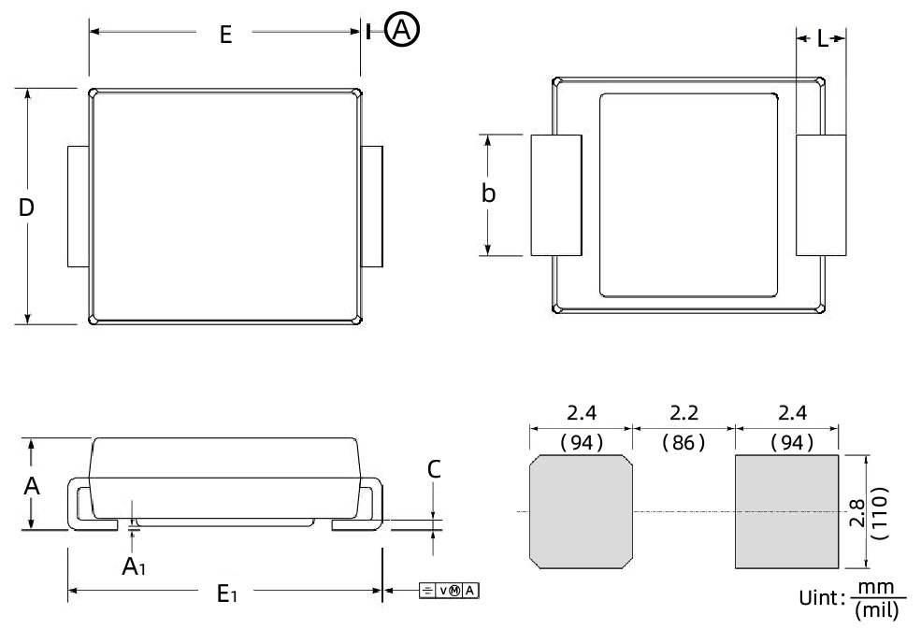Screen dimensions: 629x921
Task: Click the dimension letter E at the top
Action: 224,35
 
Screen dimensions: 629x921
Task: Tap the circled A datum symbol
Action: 403,32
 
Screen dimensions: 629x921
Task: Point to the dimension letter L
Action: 821,38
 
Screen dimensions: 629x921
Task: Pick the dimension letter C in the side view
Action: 433,470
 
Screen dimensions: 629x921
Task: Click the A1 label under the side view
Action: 133,565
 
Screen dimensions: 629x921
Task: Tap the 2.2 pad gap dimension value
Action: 684,412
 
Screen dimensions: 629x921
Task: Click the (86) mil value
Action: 684,442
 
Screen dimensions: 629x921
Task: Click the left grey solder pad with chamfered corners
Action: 581,511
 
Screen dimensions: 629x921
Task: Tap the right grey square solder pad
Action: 786,511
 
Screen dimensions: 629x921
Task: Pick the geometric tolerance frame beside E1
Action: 448,590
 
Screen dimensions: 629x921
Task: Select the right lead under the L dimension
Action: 820,194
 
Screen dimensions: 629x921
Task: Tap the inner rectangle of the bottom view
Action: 687,194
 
